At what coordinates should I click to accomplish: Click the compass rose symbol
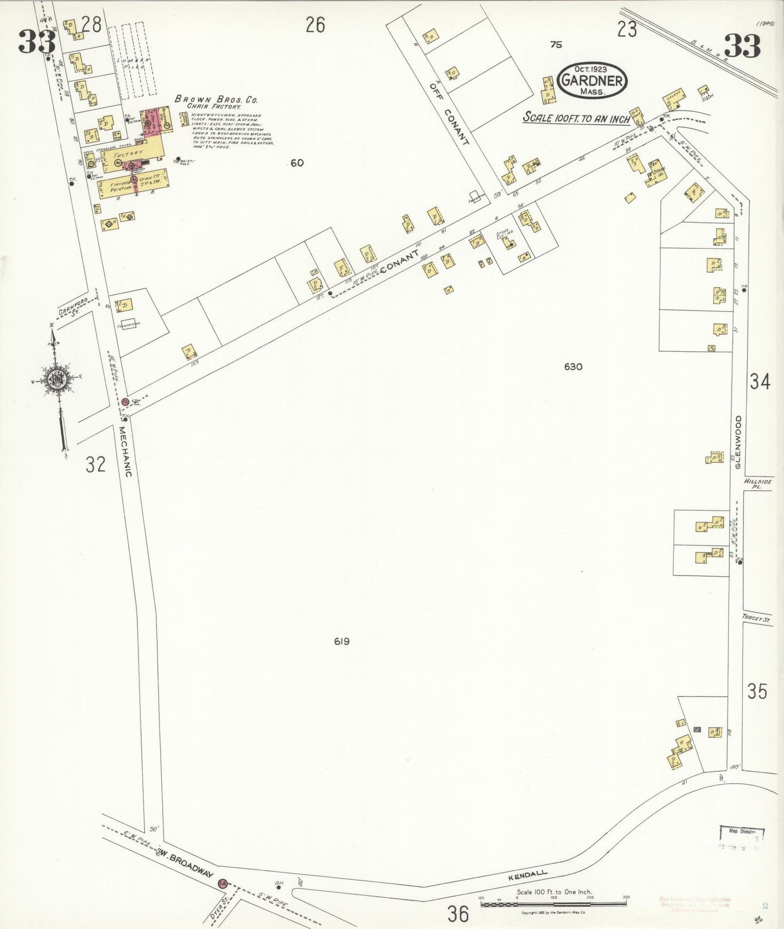56,379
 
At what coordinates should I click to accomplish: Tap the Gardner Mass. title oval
592,80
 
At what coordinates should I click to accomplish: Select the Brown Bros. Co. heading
216,100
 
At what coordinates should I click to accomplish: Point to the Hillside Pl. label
753,484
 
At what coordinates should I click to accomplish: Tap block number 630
573,367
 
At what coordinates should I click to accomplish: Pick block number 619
342,641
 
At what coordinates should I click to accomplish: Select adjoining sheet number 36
458,914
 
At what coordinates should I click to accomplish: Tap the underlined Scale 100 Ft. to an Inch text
576,118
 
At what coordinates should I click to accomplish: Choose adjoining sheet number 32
95,465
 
